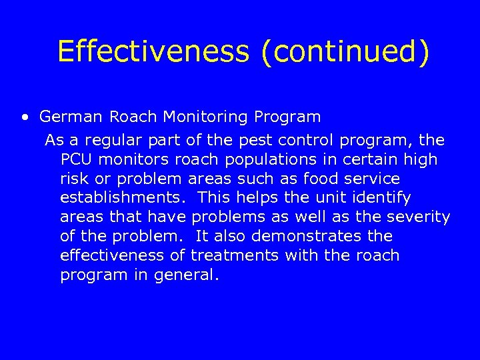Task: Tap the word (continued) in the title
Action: (x=345, y=51)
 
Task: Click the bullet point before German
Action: (x=25, y=118)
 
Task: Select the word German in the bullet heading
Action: (x=71, y=117)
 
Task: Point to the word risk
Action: (x=74, y=179)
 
